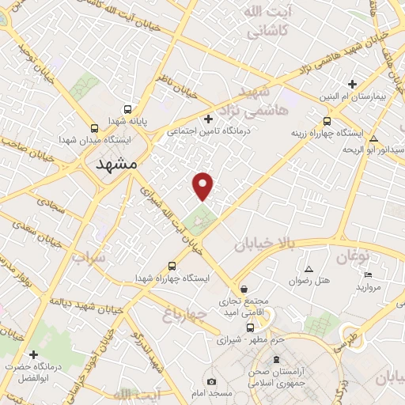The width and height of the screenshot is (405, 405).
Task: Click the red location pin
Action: point(204,185)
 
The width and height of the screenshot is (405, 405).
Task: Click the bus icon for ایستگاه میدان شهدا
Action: point(95,127)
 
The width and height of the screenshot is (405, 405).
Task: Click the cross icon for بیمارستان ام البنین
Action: point(354,84)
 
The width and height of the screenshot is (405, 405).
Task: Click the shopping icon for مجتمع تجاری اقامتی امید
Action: point(244,289)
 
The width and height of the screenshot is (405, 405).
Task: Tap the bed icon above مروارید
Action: point(368,274)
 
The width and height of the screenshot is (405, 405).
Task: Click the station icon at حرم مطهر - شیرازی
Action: point(250,327)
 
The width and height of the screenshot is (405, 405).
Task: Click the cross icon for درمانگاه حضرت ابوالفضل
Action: point(33,354)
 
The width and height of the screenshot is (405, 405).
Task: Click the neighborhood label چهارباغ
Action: point(185,315)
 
